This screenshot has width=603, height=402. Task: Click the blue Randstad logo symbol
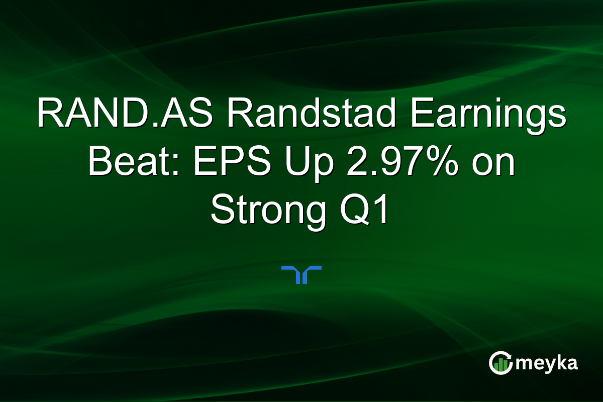coord(301,274)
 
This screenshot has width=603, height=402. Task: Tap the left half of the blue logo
coord(292,274)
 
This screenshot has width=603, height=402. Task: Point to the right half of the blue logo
coord(312,274)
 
